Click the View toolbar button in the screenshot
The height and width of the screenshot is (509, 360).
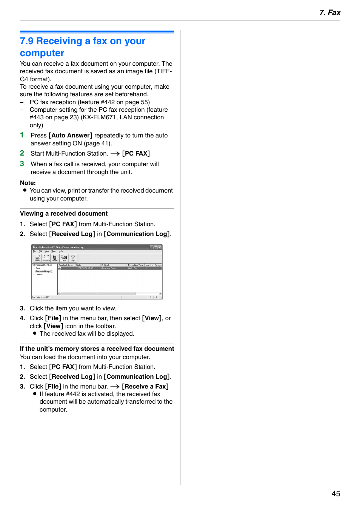[37, 258]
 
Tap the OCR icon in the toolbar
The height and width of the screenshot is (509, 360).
[64, 258]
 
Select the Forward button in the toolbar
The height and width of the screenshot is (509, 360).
[46, 258]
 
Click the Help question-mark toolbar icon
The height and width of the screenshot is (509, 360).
[73, 258]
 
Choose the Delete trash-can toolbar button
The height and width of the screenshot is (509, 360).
[55, 258]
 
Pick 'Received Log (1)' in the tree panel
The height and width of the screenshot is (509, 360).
[44, 271]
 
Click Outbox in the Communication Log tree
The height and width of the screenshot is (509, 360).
[39, 275]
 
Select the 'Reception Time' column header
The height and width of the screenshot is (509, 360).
[135, 265]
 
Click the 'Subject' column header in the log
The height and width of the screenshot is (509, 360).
[105, 265]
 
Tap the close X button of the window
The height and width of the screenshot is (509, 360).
[160, 247]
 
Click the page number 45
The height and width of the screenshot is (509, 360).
[335, 494]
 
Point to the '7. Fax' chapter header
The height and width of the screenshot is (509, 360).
[329, 12]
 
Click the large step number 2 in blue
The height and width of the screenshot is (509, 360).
[22, 153]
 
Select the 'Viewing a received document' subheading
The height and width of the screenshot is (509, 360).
[64, 213]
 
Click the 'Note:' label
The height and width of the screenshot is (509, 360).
[28, 183]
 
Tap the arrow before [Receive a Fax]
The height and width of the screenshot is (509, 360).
[115, 387]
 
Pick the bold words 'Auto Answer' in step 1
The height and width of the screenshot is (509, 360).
[71, 135]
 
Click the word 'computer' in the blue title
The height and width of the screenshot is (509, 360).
[42, 53]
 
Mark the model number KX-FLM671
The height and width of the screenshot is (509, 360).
[99, 117]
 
